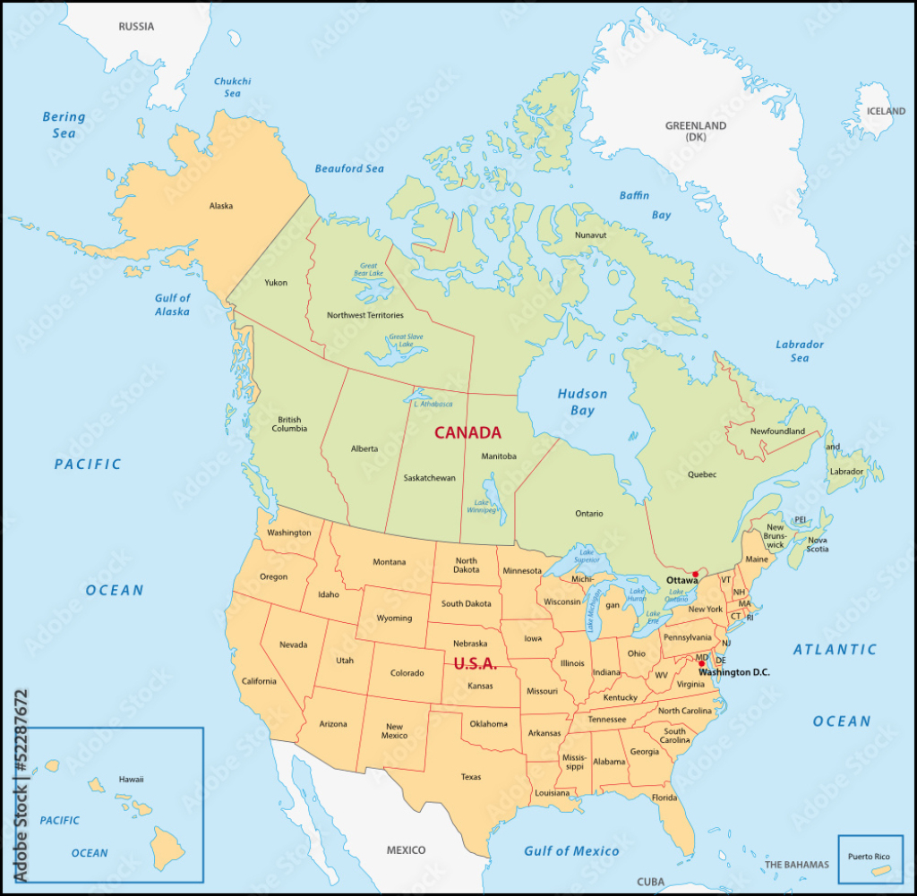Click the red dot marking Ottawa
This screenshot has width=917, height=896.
(695, 574)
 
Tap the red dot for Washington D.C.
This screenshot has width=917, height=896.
(702, 663)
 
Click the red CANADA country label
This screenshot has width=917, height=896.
(467, 432)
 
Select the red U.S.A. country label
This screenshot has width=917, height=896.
(475, 664)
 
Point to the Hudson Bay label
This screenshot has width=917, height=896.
(582, 402)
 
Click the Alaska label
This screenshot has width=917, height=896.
(221, 206)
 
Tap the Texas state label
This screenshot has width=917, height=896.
(471, 777)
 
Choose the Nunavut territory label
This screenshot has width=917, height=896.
(591, 235)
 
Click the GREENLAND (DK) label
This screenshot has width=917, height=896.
(696, 132)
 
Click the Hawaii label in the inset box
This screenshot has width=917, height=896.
(131, 779)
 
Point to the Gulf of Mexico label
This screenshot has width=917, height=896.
(571, 850)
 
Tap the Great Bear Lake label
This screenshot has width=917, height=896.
(369, 270)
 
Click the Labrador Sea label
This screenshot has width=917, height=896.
(800, 351)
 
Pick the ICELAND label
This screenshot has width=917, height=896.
(886, 111)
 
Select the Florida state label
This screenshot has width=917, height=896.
(664, 798)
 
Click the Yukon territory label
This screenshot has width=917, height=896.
(276, 282)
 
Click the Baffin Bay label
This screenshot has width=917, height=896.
(647, 205)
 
